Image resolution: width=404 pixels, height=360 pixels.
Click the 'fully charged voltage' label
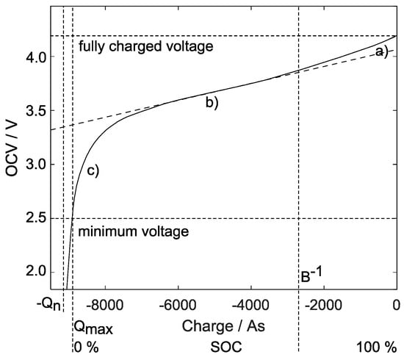click(145, 46)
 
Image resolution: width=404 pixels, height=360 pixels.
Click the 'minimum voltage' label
click(134, 231)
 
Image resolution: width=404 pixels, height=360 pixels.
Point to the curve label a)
click(381, 51)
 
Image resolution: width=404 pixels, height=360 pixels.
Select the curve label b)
click(212, 103)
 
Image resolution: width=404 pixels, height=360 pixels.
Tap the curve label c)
click(93, 171)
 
